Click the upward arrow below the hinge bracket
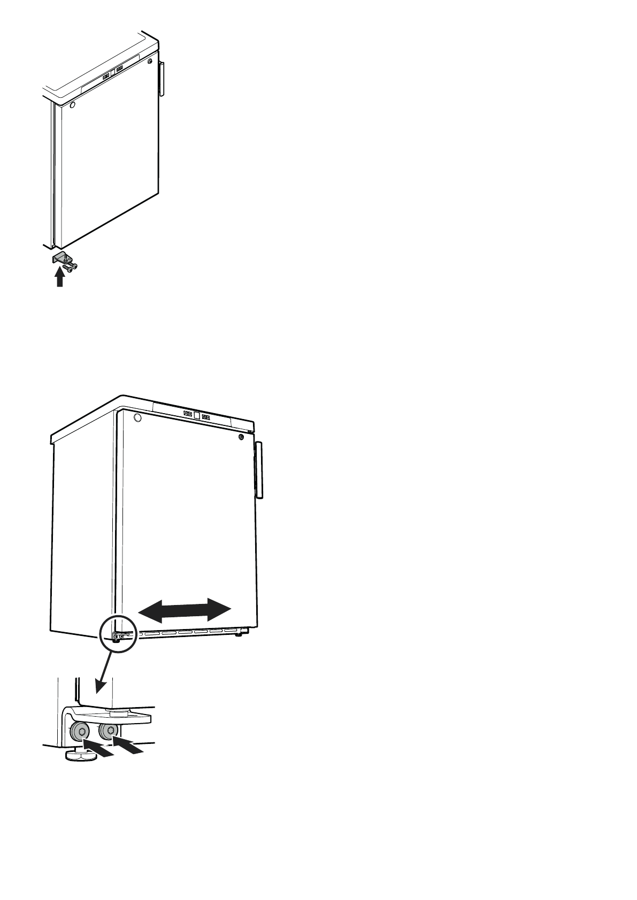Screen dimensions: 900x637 60,278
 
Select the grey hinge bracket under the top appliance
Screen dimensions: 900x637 58,258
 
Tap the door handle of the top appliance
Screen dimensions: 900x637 162,79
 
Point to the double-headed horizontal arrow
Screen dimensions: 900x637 185,610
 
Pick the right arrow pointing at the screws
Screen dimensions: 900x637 128,746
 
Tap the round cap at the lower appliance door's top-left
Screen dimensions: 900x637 137,417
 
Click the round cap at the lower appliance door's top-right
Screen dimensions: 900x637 241,437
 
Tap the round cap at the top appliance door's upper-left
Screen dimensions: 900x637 73,105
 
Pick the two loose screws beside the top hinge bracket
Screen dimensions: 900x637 70,265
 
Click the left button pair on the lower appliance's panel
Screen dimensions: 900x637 188,413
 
